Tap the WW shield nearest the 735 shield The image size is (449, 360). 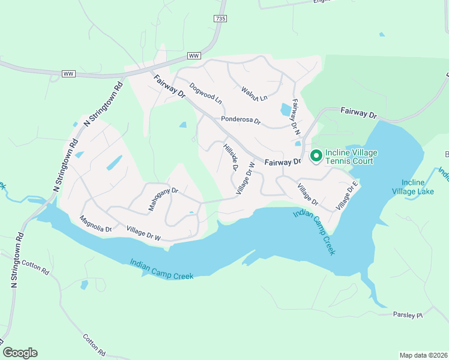tap(193, 55)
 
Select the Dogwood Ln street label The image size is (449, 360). tap(206, 92)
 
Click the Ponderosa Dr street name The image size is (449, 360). tap(240, 120)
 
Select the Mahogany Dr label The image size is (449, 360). tap(163, 200)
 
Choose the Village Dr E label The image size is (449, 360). tap(347, 197)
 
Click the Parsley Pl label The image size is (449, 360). tap(408, 314)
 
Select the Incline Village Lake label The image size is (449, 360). tap(417, 187)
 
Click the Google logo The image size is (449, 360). tap(20, 353)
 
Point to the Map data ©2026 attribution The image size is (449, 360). tap(423, 355)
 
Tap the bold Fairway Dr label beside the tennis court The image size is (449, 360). tap(283, 162)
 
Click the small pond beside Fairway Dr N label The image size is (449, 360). tap(286, 109)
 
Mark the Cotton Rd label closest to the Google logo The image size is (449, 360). tap(94, 346)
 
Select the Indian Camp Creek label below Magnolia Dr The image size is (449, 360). tap(163, 269)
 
